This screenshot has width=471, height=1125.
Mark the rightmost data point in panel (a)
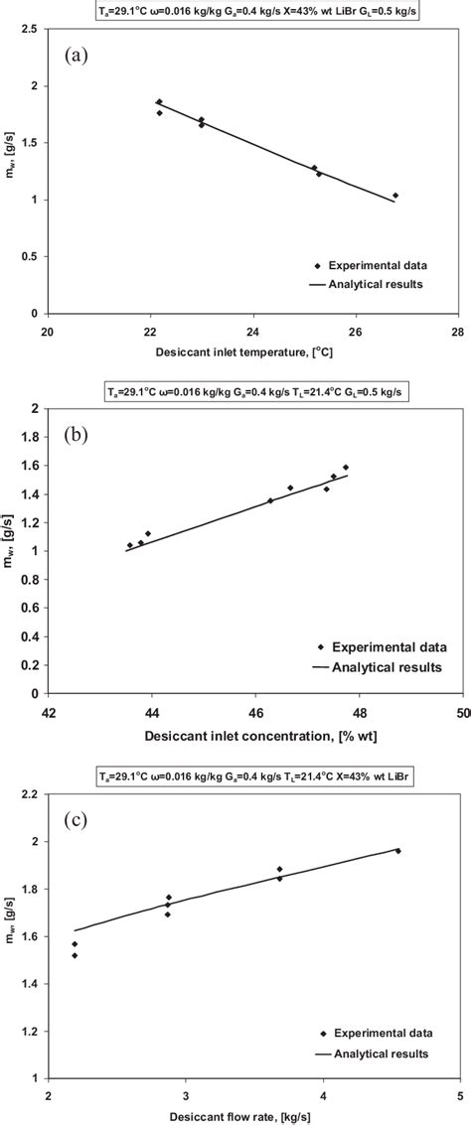395,196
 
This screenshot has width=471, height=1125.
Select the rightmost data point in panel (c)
398,851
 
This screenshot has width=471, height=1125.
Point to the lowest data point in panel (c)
76,955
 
